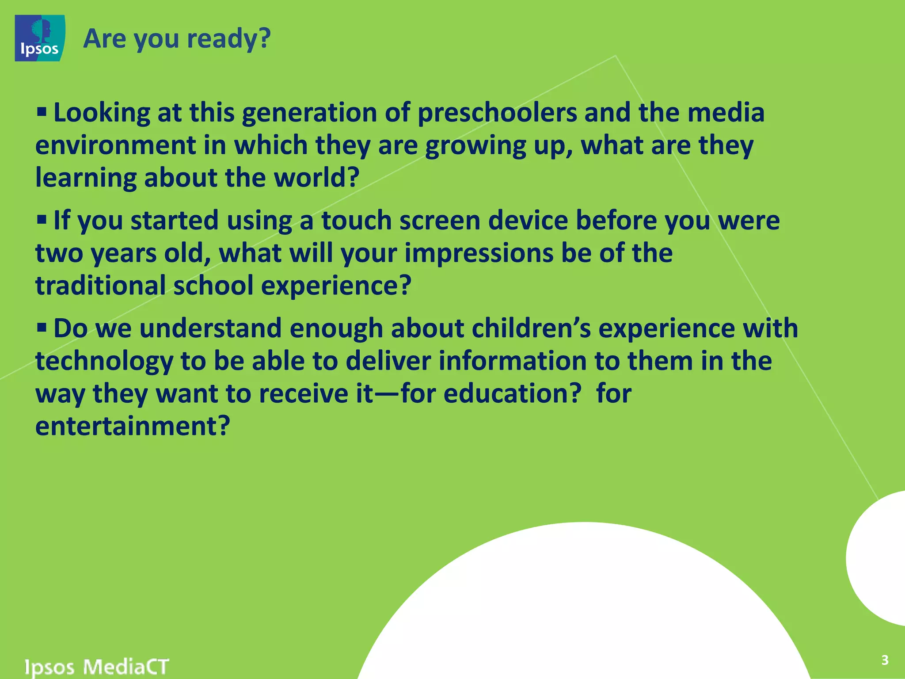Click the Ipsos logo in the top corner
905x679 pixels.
point(40,38)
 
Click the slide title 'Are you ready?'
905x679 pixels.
point(177,38)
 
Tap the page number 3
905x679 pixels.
point(885,660)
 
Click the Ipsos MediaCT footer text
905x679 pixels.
point(97,666)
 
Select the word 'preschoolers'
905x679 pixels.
point(497,113)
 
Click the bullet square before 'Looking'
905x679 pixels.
point(42,111)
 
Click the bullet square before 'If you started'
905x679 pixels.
point(42,219)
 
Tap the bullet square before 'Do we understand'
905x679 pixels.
point(42,328)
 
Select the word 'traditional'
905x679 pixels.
point(100,285)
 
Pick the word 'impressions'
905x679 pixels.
point(479,253)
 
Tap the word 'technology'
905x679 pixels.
point(104,361)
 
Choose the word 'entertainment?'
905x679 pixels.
point(133,426)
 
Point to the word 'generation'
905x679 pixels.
point(309,113)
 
